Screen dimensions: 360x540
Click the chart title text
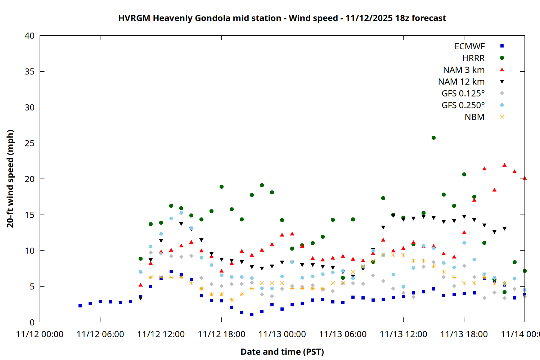(x=282, y=18)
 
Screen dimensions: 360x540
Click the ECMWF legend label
(x=469, y=46)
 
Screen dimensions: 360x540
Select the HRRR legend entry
(x=473, y=58)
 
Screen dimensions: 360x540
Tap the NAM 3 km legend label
(x=464, y=70)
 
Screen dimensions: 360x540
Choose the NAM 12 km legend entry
(x=461, y=82)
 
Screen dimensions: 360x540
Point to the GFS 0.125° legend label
(x=463, y=94)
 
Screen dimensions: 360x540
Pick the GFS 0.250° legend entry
(x=463, y=105)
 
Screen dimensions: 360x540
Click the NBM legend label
(x=474, y=117)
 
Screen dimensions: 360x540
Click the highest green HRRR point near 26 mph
(x=433, y=138)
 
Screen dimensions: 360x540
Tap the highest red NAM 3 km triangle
(x=504, y=165)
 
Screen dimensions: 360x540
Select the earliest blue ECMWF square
(x=80, y=306)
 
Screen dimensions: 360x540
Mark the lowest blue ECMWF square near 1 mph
(x=252, y=314)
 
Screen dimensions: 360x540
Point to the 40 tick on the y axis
(x=30, y=36)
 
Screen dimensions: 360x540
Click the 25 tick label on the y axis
(x=30, y=143)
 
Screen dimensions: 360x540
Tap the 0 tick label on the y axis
(x=32, y=322)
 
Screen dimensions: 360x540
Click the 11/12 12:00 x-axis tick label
(x=161, y=334)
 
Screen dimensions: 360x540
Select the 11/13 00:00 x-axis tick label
(x=282, y=334)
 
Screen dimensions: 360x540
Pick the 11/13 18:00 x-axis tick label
(x=464, y=334)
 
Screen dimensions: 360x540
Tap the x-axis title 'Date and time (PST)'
(x=282, y=352)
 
